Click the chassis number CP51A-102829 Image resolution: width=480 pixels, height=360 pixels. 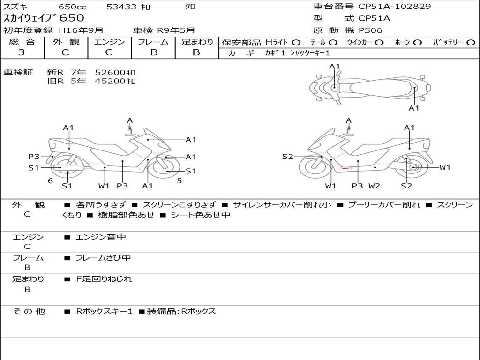point(395,6)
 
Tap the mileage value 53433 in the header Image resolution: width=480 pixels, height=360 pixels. point(121,7)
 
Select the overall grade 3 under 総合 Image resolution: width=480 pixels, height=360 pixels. point(22,52)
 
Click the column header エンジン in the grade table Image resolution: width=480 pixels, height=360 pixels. point(109,42)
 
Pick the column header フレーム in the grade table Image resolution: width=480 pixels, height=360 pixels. point(153,42)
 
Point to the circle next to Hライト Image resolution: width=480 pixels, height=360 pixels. point(296,43)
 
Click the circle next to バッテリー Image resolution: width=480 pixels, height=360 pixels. point(471,43)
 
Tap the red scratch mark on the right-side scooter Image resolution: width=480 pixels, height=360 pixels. point(347,168)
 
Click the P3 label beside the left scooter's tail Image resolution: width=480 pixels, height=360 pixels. point(34,157)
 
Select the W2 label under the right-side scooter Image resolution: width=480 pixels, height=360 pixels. point(375,186)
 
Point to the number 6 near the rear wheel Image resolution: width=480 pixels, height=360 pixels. point(51,181)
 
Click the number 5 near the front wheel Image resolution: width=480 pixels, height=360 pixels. point(180,181)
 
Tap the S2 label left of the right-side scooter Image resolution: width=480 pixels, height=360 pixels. point(288,157)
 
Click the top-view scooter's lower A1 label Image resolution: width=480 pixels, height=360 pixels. point(414,108)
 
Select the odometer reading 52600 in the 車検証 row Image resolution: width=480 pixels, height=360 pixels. point(110,73)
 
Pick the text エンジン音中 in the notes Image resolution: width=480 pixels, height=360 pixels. point(101,237)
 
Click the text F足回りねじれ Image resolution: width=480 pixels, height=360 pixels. point(104,279)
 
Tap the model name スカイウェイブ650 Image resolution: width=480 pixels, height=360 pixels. point(44,18)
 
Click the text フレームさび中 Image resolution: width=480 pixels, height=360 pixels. point(103,258)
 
